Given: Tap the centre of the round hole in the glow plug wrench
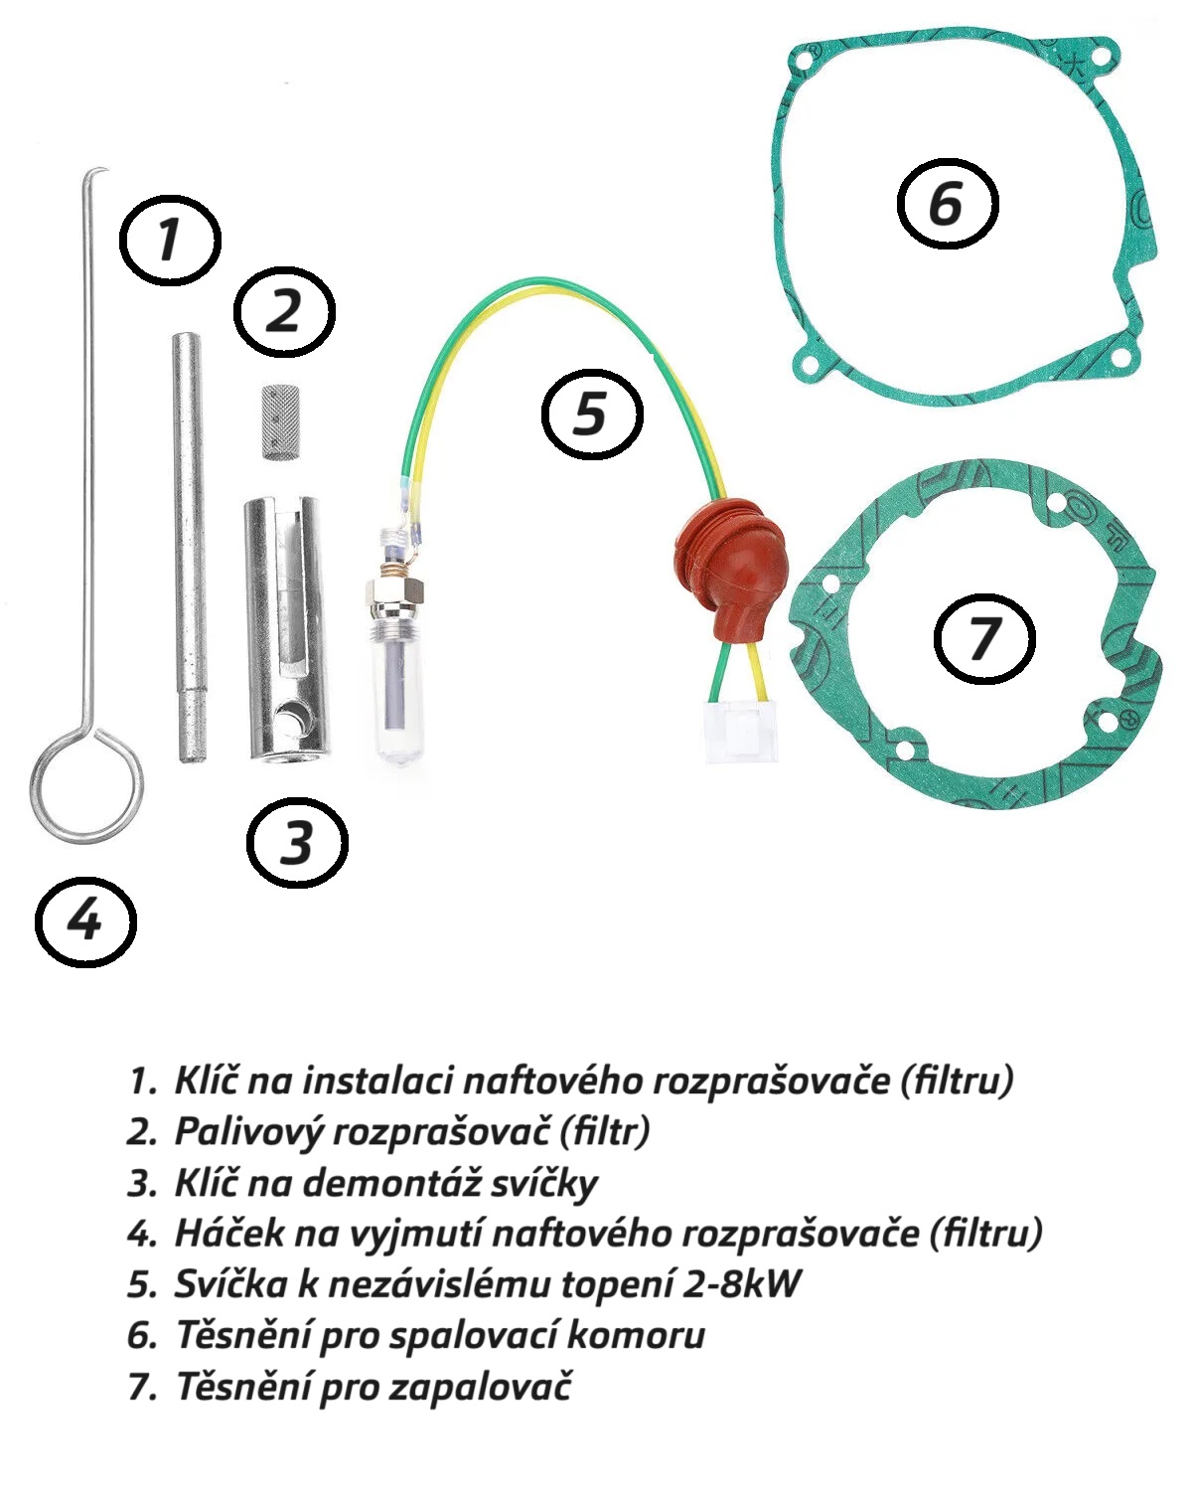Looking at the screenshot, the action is pos(288,719).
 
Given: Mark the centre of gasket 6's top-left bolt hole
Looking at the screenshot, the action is pos(803,64).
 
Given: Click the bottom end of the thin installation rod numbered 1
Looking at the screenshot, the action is pos(188,759).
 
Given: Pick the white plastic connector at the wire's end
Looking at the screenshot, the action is pos(741,732).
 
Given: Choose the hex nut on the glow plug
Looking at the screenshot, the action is pos(393,594).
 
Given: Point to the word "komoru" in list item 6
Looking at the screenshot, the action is pos(636,1335).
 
